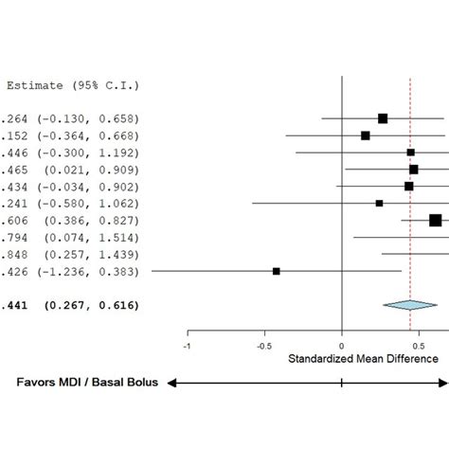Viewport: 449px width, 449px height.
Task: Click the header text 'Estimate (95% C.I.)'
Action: pyautogui.click(x=73, y=85)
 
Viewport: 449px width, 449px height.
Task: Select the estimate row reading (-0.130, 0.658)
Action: pyautogui.click(x=71, y=118)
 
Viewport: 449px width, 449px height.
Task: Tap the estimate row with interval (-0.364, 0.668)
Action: pyautogui.click(x=71, y=135)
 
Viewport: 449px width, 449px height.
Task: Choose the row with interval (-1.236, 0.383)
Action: pyautogui.click(x=71, y=271)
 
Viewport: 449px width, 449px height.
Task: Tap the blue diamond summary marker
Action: pyautogui.click(x=410, y=305)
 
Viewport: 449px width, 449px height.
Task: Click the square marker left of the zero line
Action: pyautogui.click(x=277, y=271)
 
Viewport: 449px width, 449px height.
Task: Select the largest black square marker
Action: pyautogui.click(x=435, y=220)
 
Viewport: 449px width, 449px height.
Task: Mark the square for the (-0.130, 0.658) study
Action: pyautogui.click(x=383, y=118)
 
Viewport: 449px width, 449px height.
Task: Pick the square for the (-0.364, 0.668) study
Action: pyautogui.click(x=366, y=135)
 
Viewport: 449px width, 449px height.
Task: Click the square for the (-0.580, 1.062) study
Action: pyautogui.click(x=379, y=203)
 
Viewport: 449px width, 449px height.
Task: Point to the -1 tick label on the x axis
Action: pyautogui.click(x=188, y=346)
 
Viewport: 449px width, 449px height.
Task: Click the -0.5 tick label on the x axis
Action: pyautogui.click(x=264, y=346)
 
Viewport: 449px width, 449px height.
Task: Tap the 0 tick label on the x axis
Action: pyautogui.click(x=341, y=346)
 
